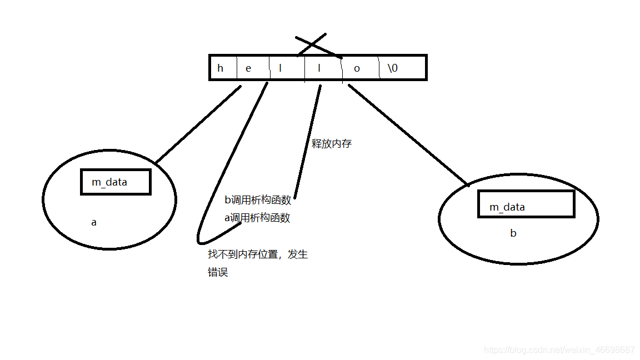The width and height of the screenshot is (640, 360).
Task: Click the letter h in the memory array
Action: [x=221, y=68]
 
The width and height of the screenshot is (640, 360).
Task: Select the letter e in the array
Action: [x=248, y=68]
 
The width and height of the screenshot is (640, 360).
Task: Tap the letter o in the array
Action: [x=357, y=68]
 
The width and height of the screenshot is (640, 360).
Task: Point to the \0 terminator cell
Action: [x=393, y=68]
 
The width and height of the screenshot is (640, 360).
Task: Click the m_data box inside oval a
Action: [x=116, y=182]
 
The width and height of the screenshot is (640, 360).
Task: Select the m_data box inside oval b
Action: [x=526, y=204]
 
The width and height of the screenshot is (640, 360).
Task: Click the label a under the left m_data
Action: [x=94, y=222]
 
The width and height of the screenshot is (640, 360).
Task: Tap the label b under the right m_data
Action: [x=513, y=233]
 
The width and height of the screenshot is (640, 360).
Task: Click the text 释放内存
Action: [x=332, y=144]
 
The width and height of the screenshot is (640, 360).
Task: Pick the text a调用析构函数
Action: [x=257, y=218]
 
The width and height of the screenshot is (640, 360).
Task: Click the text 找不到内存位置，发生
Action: [x=257, y=254]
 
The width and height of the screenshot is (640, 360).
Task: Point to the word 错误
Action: [x=218, y=272]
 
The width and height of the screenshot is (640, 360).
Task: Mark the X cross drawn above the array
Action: [x=318, y=46]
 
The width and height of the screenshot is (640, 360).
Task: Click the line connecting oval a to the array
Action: [x=197, y=125]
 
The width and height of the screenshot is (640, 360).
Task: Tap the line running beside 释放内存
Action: [x=307, y=142]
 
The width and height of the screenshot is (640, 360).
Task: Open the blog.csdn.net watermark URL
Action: [x=559, y=350]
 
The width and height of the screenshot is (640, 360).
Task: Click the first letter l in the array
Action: [x=280, y=68]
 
